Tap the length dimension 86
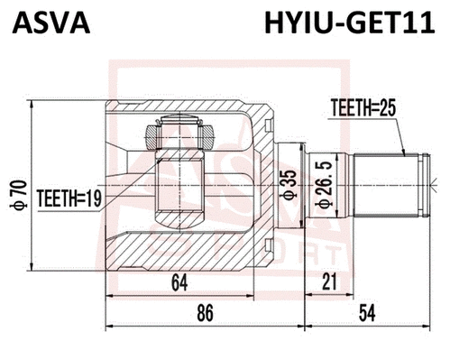click(205, 315)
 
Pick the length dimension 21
click(329, 283)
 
